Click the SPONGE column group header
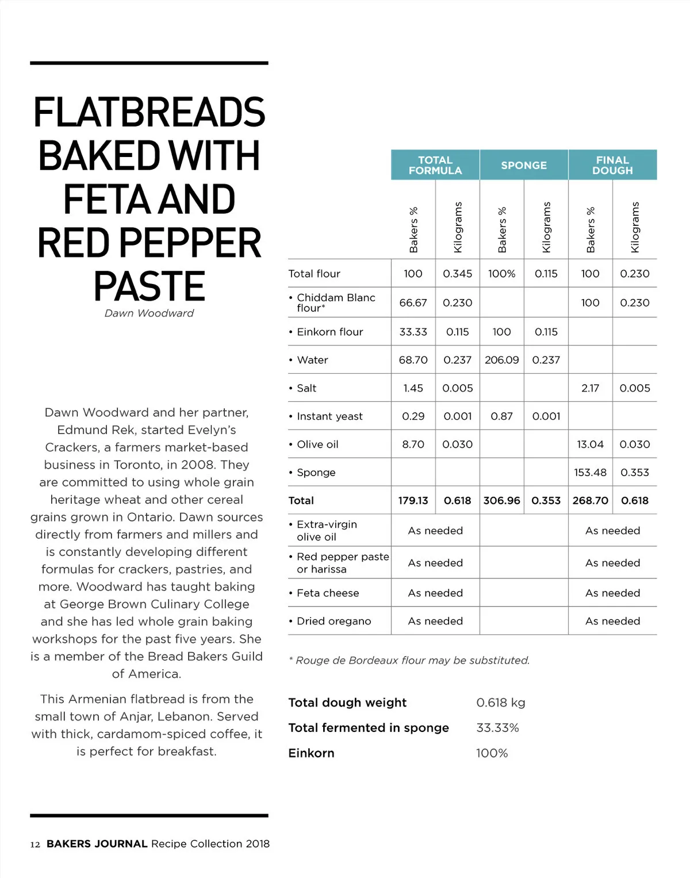[x=523, y=165]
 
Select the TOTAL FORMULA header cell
[x=435, y=165]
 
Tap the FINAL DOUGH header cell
[x=612, y=165]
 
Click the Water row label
[x=312, y=360]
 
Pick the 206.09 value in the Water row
[x=501, y=360]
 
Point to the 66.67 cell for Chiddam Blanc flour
[x=413, y=302]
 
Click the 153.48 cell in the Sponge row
[x=590, y=472]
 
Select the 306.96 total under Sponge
[x=501, y=500]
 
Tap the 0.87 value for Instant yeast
[x=501, y=416]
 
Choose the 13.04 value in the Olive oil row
[x=590, y=444]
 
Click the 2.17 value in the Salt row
[x=590, y=388]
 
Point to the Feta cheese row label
[x=327, y=593]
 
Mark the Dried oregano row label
[x=333, y=621]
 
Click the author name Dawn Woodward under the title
[x=149, y=313]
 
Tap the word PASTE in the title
[x=149, y=286]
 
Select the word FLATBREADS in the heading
[x=149, y=112]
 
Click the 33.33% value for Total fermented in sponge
[x=497, y=728]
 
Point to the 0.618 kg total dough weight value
[x=500, y=703]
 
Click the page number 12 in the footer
[x=35, y=844]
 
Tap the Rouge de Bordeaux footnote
[x=409, y=660]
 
